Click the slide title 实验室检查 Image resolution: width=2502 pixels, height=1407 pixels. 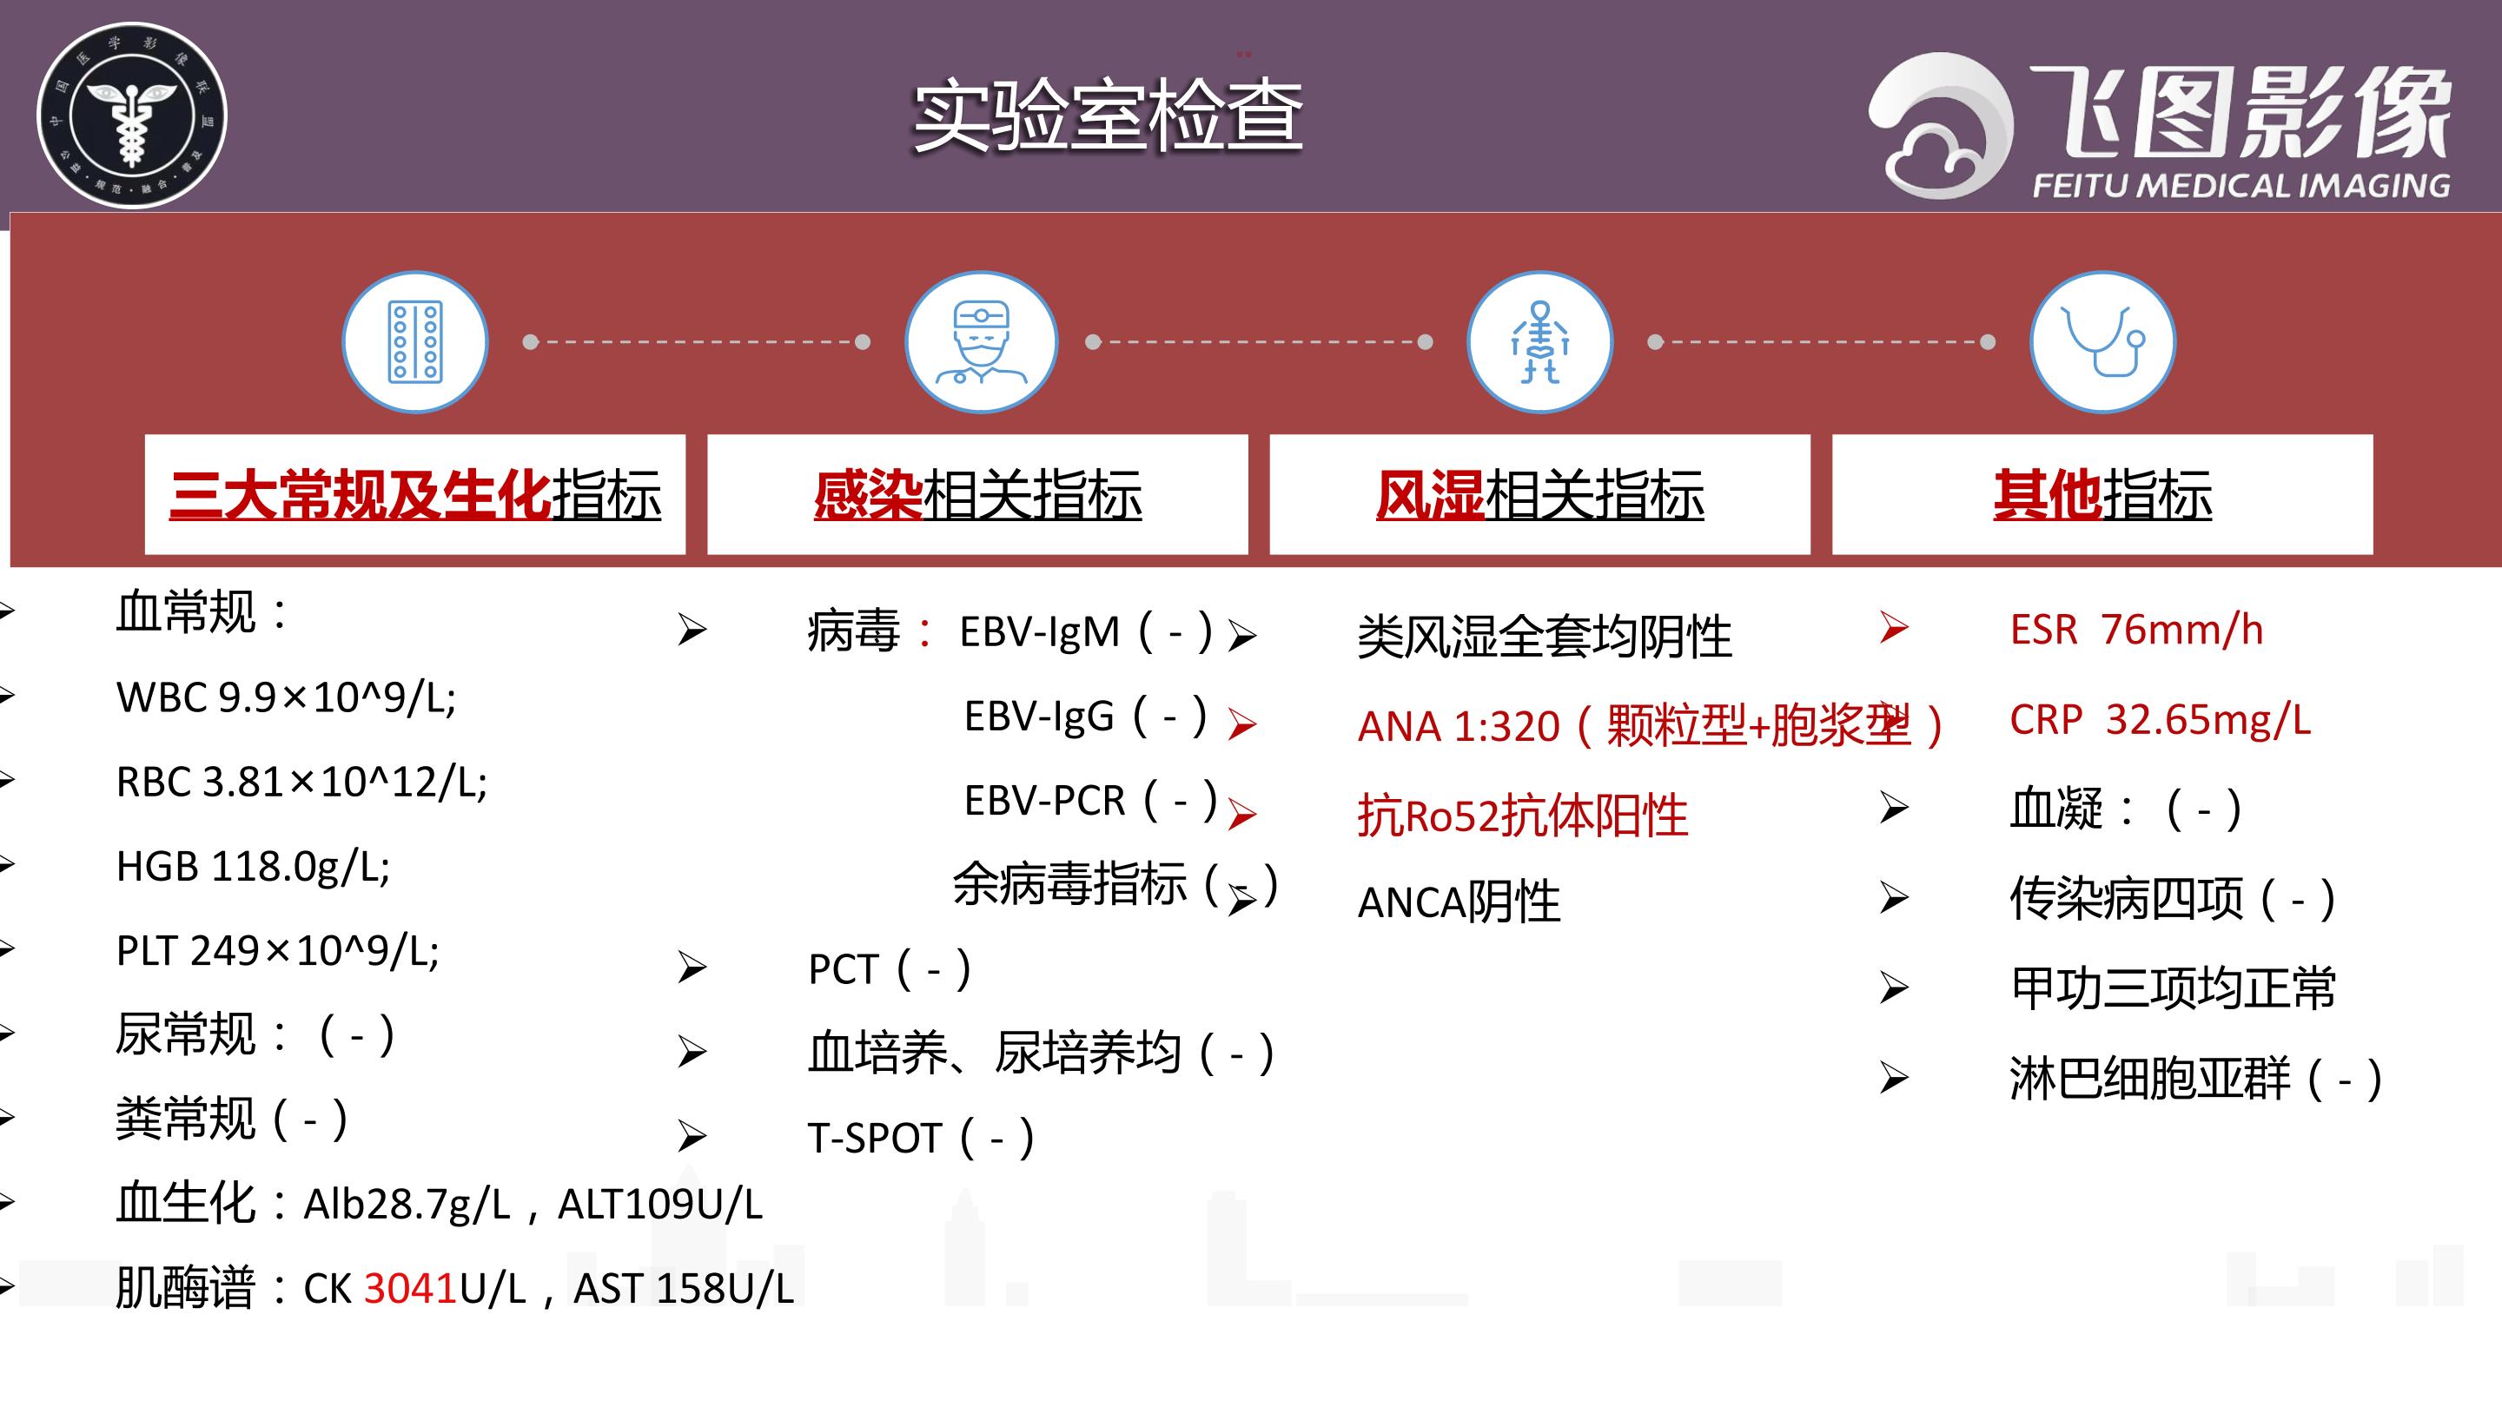click(1108, 116)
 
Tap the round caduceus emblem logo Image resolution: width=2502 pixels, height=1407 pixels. click(131, 116)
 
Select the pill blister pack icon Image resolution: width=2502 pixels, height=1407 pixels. click(414, 342)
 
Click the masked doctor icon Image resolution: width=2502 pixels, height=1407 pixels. click(980, 342)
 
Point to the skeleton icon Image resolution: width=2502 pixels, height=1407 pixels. click(1539, 342)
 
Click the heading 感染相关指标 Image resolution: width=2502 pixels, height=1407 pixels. click(978, 494)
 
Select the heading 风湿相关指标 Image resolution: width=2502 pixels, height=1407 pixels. click(1539, 494)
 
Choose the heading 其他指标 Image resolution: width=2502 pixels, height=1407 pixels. click(2102, 494)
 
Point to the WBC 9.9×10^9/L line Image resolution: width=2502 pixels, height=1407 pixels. click(286, 697)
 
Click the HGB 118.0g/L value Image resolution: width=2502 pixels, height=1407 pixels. click(253, 866)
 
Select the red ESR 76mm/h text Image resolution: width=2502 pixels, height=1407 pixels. click(2137, 629)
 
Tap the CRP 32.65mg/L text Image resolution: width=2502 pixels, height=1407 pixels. click(2160, 719)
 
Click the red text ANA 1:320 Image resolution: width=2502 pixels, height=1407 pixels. click(1459, 726)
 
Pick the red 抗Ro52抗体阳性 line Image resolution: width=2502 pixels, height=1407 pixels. click(1522, 815)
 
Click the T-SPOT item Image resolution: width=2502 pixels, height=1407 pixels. click(921, 1137)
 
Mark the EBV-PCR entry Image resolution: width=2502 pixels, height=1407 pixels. click(1089, 800)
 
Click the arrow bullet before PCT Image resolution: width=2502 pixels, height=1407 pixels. click(692, 968)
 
